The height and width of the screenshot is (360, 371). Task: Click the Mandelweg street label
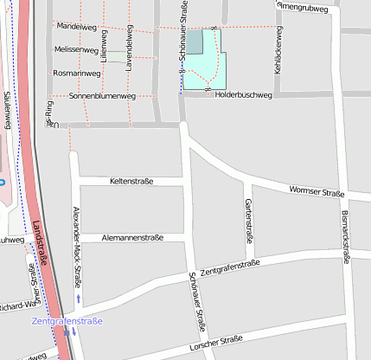(76, 27)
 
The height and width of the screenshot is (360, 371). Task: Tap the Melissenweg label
(76, 50)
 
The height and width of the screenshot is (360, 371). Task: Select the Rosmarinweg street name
(76, 73)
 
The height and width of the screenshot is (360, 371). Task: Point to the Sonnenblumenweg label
(99, 95)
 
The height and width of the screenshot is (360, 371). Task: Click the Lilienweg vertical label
(103, 44)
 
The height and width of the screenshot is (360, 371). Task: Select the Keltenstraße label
(131, 181)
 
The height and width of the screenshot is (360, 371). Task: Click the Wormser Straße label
(317, 191)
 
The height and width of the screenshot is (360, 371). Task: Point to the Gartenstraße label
(249, 220)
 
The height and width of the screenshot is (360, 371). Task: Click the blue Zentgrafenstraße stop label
(67, 322)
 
